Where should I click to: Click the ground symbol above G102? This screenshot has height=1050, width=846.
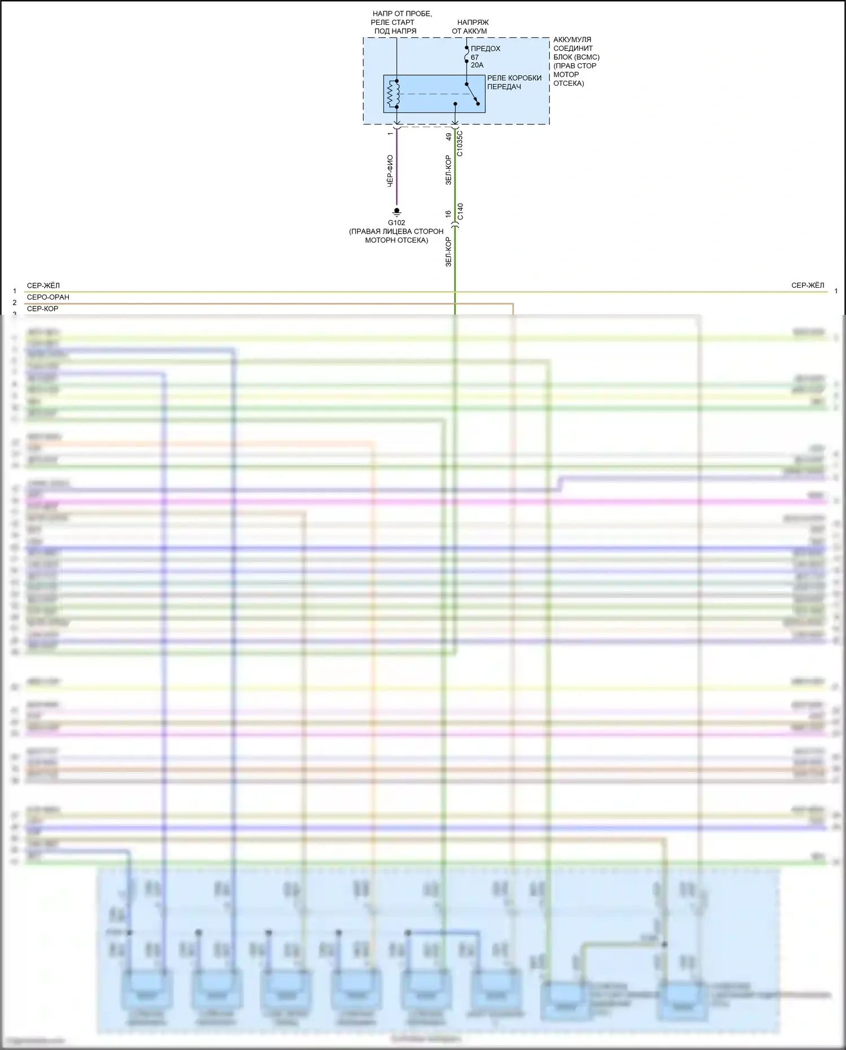(x=396, y=212)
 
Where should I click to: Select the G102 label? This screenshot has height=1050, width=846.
(x=396, y=223)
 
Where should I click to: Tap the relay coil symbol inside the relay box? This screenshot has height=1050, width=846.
(x=394, y=94)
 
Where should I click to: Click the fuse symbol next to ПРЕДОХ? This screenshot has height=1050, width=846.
(x=466, y=56)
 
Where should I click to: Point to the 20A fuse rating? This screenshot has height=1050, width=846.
(x=477, y=65)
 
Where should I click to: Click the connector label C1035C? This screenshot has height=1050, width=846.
(x=460, y=143)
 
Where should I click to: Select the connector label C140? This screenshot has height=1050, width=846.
(x=460, y=212)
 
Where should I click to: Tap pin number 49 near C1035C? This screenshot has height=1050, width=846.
(x=449, y=137)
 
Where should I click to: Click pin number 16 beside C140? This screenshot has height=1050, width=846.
(x=448, y=214)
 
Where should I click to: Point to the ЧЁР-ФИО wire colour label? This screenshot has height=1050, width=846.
(x=390, y=172)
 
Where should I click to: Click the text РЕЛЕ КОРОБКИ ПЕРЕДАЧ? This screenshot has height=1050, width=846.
(x=514, y=82)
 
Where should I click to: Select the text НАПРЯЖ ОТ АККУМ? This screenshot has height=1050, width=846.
(x=471, y=27)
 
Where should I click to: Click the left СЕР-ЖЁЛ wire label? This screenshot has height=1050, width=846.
(x=43, y=285)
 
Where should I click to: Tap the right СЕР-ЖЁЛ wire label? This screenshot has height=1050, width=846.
(x=808, y=285)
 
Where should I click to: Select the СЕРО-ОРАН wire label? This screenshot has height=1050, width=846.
(x=48, y=297)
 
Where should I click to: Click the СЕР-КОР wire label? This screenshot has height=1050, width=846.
(x=43, y=309)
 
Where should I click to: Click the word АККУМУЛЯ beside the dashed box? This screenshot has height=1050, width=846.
(x=572, y=39)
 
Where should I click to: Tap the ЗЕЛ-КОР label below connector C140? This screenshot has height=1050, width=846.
(x=448, y=252)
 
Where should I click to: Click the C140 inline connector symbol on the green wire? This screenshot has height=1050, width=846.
(x=455, y=226)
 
